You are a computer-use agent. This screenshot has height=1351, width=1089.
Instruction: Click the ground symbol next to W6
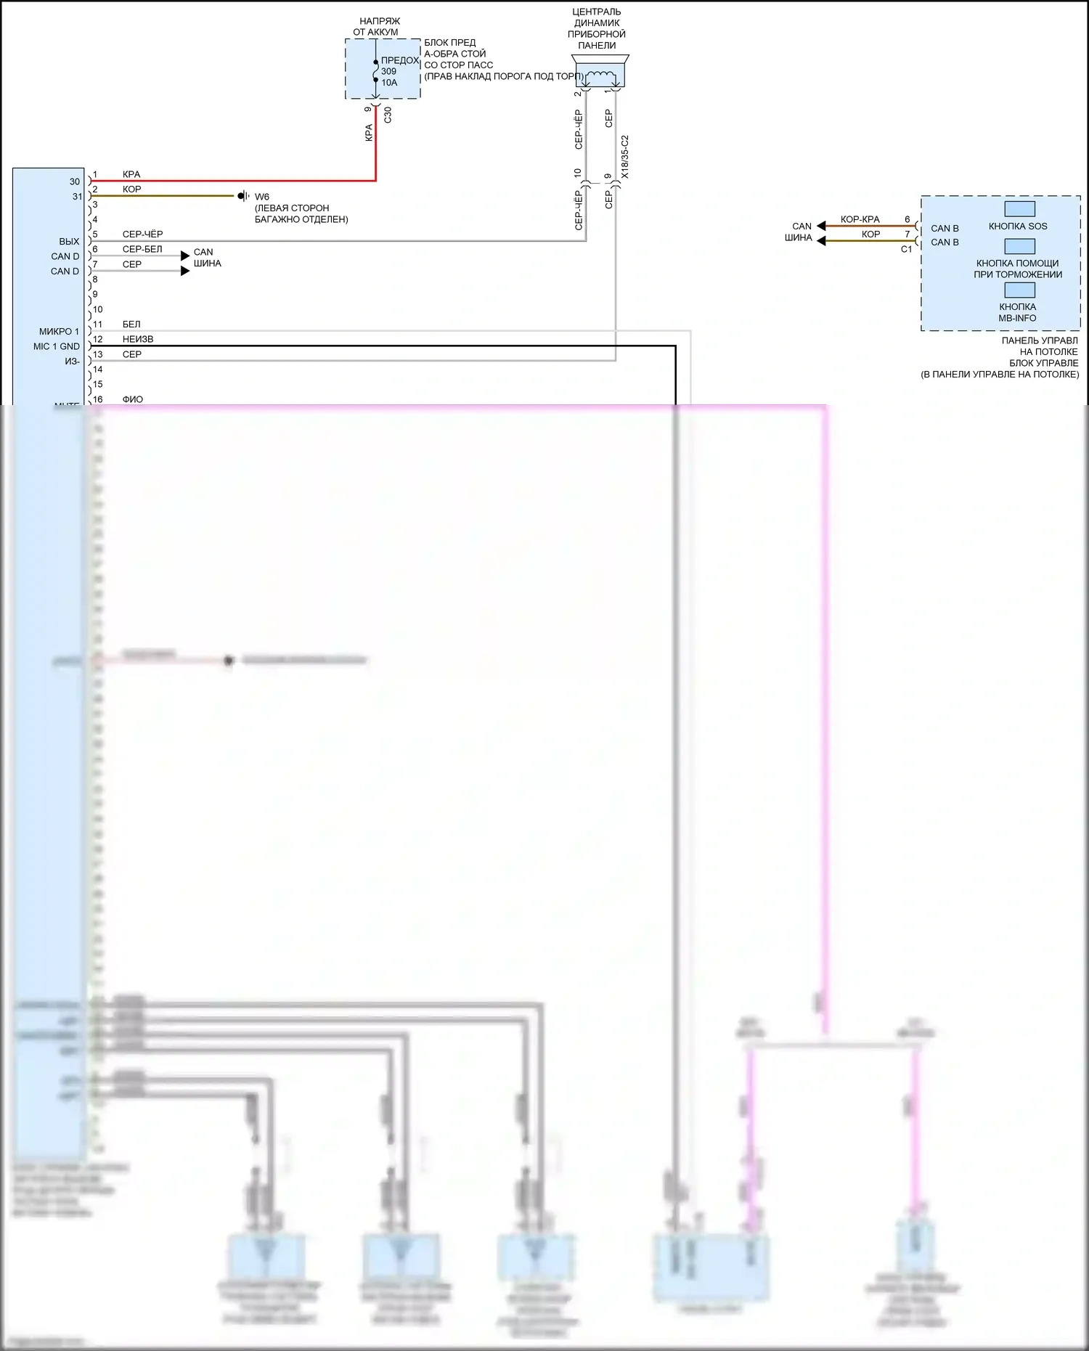[242, 196]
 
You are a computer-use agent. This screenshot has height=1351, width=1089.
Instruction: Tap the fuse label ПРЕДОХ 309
[399, 65]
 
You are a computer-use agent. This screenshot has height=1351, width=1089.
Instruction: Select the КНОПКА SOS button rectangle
[1019, 209]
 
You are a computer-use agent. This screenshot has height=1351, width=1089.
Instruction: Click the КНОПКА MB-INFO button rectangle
[1019, 290]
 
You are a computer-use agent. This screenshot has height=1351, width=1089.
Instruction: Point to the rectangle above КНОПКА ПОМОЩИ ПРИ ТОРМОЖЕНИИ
[1019, 246]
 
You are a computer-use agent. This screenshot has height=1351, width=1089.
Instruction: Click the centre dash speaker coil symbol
[600, 75]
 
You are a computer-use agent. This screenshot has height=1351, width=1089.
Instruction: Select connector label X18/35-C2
[625, 157]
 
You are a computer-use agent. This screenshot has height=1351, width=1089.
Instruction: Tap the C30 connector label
[388, 115]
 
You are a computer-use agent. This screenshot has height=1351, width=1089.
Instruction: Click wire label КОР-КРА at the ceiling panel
[860, 219]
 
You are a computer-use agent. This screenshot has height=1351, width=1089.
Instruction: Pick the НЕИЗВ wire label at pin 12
[138, 339]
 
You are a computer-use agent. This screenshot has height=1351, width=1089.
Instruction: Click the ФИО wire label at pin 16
[133, 399]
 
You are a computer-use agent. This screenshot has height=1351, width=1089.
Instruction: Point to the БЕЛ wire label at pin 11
[131, 325]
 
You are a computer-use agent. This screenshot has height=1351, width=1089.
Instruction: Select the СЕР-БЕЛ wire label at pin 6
[142, 249]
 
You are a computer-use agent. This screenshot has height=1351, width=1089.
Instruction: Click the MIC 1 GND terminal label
[57, 346]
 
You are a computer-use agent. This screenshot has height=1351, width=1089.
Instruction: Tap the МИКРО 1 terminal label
[59, 332]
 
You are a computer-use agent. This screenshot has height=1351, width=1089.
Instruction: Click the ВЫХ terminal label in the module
[69, 242]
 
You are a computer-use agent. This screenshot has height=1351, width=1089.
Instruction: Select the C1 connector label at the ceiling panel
[906, 249]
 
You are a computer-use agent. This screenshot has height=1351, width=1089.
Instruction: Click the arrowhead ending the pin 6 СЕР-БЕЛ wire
[185, 256]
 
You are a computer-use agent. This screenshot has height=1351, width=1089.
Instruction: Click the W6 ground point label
[262, 197]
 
